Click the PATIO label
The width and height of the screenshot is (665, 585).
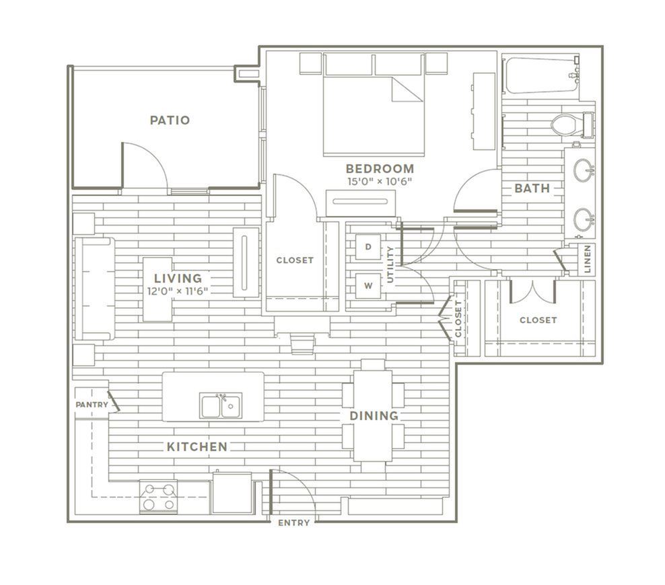(x=170, y=120)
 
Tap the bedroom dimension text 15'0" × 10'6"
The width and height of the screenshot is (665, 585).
(x=380, y=182)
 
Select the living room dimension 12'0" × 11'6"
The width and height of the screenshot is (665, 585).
(x=178, y=291)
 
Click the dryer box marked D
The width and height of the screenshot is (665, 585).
(x=367, y=246)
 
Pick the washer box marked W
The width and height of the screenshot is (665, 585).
(x=367, y=286)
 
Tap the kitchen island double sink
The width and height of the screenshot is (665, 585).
(x=221, y=405)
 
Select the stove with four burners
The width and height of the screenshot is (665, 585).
(x=159, y=497)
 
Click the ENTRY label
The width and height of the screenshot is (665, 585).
(x=294, y=523)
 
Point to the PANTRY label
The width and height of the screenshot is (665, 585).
(x=92, y=405)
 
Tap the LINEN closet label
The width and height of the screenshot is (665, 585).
(x=588, y=259)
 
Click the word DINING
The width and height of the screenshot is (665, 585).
(x=374, y=416)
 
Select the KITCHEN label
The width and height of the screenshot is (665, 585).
(x=197, y=447)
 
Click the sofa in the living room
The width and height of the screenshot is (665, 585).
(x=95, y=289)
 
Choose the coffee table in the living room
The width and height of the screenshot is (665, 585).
(x=157, y=289)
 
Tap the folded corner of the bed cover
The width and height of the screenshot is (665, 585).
(x=407, y=90)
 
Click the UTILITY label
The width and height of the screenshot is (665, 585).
(x=390, y=265)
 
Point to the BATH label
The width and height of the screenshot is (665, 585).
(x=532, y=188)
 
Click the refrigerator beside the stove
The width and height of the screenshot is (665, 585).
(x=233, y=493)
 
